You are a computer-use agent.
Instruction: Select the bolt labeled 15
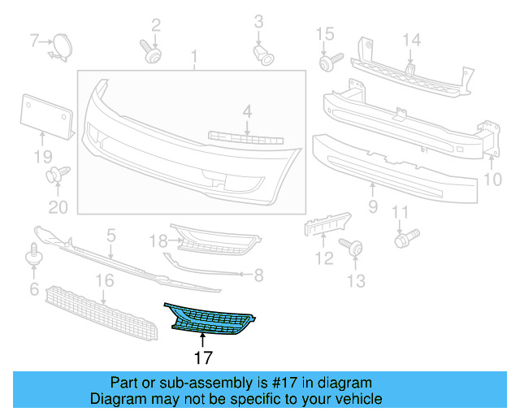pos(330,63)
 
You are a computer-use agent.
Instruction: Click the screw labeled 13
pos(355,247)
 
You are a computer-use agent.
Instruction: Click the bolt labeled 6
pos(34,253)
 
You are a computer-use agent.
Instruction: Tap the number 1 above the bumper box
pos(194,56)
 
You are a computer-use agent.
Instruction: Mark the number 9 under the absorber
pos(373,207)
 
